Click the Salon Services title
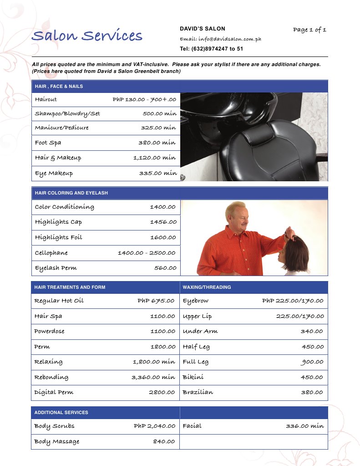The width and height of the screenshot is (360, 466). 87,36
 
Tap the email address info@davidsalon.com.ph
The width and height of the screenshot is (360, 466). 220,39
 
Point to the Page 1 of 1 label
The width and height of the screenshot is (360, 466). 309,30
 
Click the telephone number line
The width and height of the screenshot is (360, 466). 211,48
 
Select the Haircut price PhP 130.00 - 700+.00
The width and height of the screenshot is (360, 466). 144,99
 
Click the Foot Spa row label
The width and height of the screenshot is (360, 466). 48,143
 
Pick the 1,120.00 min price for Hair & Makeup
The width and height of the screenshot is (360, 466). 154,158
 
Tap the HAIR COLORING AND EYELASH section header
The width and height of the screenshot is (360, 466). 71,193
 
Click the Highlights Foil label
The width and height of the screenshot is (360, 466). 59,237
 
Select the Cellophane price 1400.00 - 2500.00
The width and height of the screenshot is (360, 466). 146,253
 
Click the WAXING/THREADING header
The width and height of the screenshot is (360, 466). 207,287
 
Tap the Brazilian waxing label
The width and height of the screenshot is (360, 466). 198,392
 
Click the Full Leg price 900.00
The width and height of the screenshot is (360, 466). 312,362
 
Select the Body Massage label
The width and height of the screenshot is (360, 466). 56,441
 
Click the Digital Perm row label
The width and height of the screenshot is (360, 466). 54,392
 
